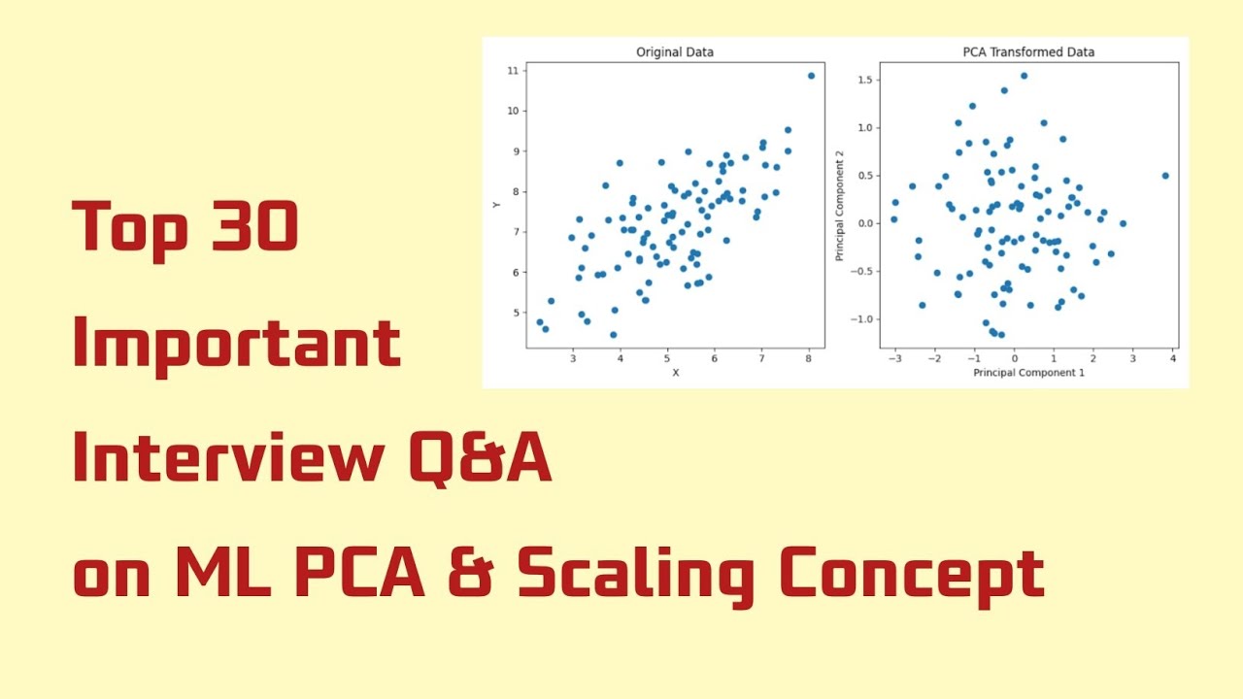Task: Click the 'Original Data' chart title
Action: (674, 51)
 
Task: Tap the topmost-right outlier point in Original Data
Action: (811, 76)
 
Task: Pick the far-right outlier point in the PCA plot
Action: (1165, 176)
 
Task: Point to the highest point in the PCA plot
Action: (1024, 76)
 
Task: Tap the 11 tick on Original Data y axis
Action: (511, 70)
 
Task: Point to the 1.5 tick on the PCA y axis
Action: (860, 80)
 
